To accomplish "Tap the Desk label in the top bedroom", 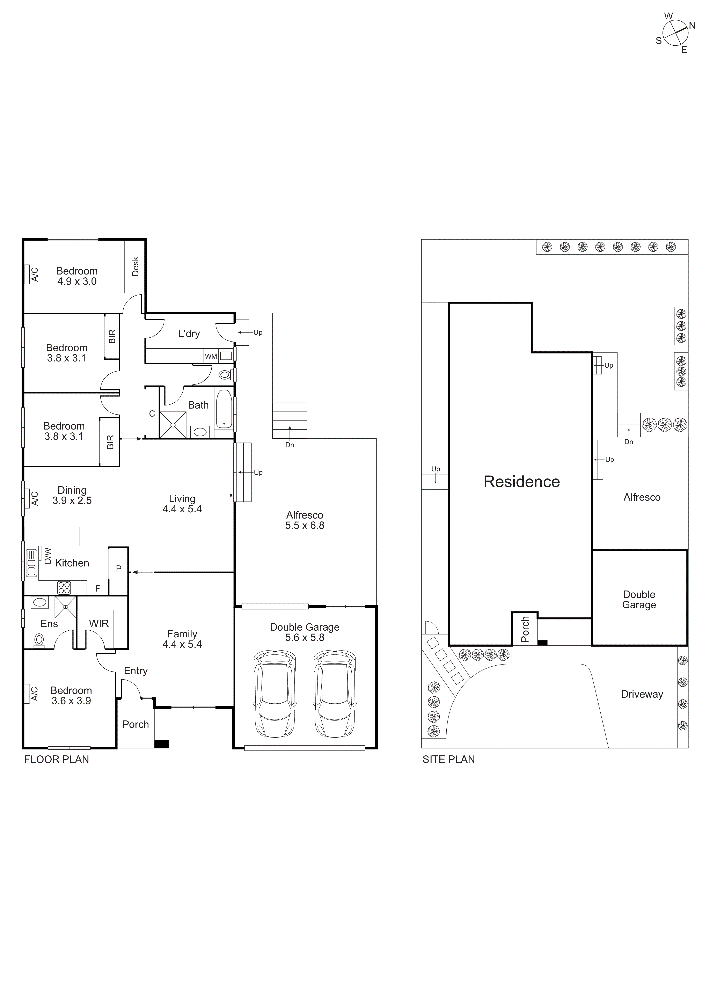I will point(135,266).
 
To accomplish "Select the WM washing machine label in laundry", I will point(211,356).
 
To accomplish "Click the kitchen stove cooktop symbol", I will point(64,588).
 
